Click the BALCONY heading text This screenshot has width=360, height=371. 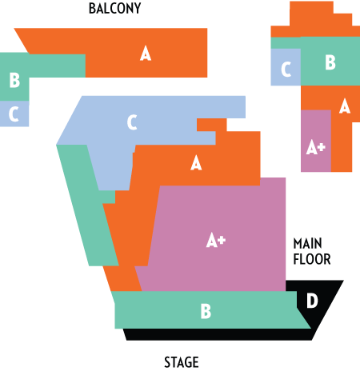[x=114, y=9]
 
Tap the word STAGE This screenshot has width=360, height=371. [x=182, y=362]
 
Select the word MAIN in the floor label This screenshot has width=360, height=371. [x=307, y=244]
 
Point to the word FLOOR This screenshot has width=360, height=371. [x=312, y=259]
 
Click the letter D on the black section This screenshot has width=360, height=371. [x=312, y=301]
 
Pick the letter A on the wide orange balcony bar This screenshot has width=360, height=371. [x=146, y=54]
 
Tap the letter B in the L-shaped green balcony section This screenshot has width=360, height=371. [x=14, y=80]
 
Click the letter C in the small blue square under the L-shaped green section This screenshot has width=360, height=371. [x=14, y=114]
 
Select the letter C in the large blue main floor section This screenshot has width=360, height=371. [x=132, y=122]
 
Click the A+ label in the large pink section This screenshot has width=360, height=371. [x=216, y=240]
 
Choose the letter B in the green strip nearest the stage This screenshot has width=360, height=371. [x=206, y=311]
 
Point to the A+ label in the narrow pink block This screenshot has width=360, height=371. [x=316, y=147]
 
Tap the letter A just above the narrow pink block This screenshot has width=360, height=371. [x=345, y=106]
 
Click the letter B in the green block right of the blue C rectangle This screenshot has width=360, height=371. [x=330, y=62]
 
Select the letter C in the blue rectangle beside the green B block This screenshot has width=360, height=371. [x=286, y=70]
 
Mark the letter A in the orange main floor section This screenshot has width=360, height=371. [x=196, y=163]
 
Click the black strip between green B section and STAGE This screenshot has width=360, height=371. [x=218, y=334]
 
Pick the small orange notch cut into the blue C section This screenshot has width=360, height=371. [x=211, y=126]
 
